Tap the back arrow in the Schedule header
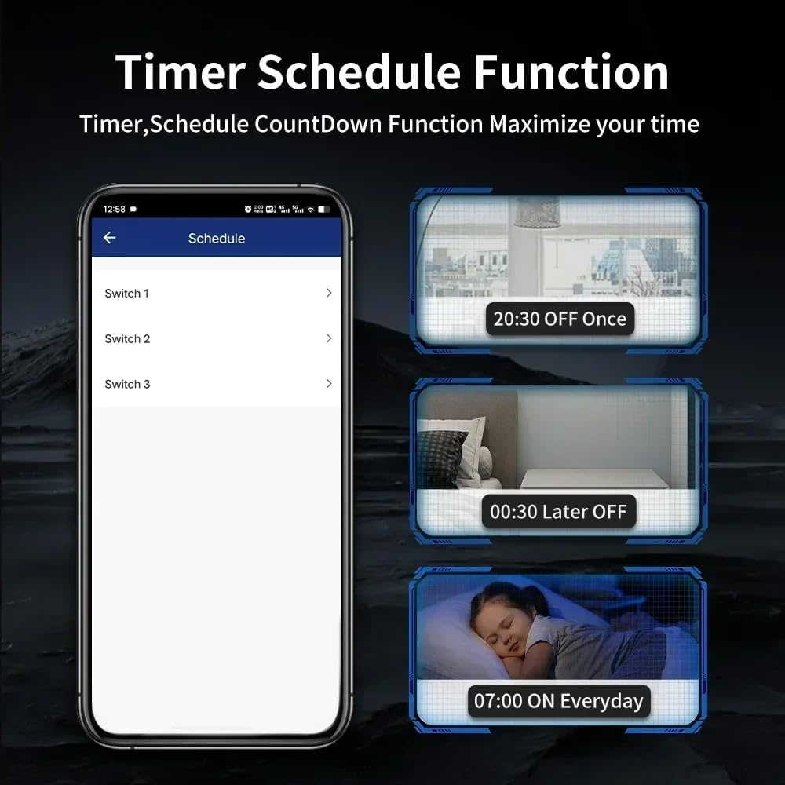tap(110, 238)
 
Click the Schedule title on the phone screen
tap(217, 239)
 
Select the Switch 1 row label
tap(126, 294)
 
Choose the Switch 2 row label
tap(127, 339)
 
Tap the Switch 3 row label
tap(127, 385)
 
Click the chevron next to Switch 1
tap(328, 293)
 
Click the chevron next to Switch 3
tap(328, 384)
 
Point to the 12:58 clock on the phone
tap(115, 210)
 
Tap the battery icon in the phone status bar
tap(324, 210)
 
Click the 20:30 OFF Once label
tap(560, 319)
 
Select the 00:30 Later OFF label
tap(558, 512)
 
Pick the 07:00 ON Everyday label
tap(558, 701)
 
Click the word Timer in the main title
tap(180, 72)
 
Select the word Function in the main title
tap(571, 72)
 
